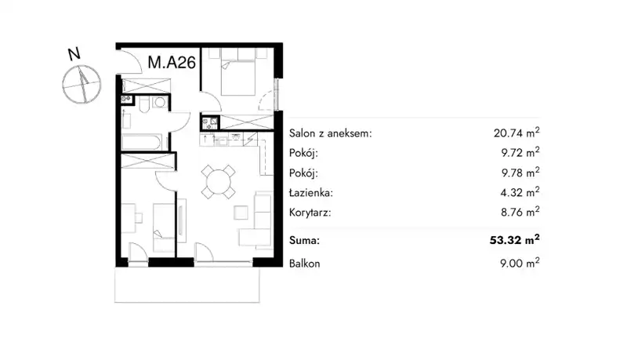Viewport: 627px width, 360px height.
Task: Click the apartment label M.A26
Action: pyautogui.click(x=172, y=63)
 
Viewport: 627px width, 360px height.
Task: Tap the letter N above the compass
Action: pyautogui.click(x=74, y=54)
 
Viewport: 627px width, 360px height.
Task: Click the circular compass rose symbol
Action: pyautogui.click(x=82, y=85)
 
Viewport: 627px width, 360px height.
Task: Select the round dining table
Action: pyautogui.click(x=218, y=182)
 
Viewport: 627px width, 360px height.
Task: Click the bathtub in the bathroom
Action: pyautogui.click(x=142, y=143)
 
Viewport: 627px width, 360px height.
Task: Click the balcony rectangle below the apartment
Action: pyautogui.click(x=187, y=285)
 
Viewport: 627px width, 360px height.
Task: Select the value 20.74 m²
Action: pyautogui.click(x=516, y=133)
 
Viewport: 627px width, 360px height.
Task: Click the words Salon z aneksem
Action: pyautogui.click(x=330, y=133)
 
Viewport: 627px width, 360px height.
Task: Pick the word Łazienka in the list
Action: pyautogui.click(x=311, y=193)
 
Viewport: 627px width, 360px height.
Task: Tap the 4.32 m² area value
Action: pyautogui.click(x=520, y=192)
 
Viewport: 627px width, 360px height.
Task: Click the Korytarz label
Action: pyautogui.click(x=310, y=213)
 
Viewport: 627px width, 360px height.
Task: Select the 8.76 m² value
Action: pyautogui.click(x=520, y=212)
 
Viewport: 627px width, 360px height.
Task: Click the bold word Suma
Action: pyautogui.click(x=304, y=241)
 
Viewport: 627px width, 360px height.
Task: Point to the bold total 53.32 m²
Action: pyautogui.click(x=515, y=239)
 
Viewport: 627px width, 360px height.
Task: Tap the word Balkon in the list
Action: pyautogui.click(x=304, y=264)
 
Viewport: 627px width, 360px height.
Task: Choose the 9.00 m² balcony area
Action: pyautogui.click(x=520, y=263)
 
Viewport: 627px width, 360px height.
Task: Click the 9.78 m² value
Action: pyautogui.click(x=520, y=173)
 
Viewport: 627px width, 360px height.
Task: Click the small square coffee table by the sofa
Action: pyautogui.click(x=241, y=213)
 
